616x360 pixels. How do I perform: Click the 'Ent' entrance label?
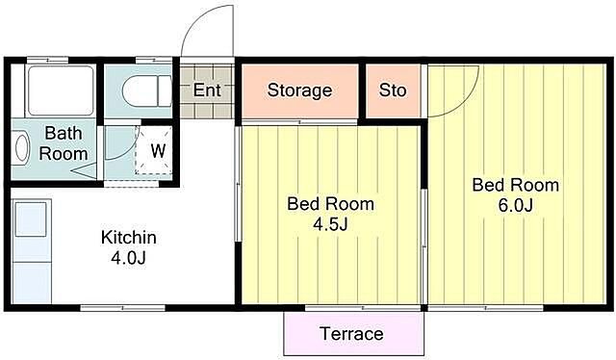(207, 90)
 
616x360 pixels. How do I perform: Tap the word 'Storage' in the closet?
(299, 90)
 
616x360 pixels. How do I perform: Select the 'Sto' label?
(393, 90)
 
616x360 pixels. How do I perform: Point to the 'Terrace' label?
(352, 334)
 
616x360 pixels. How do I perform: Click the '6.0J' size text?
(516, 205)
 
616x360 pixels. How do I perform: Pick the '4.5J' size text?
(330, 224)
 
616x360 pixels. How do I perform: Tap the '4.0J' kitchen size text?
(128, 258)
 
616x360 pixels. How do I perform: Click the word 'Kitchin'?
(129, 238)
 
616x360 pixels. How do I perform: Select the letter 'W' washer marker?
(158, 150)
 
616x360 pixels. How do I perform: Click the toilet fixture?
(146, 91)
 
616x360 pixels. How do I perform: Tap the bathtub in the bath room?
(61, 90)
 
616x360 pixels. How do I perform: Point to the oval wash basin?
(21, 148)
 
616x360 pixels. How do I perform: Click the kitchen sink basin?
(31, 219)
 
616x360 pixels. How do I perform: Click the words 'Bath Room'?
(64, 143)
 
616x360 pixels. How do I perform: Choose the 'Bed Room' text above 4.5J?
(330, 204)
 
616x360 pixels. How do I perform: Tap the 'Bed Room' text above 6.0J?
(516, 185)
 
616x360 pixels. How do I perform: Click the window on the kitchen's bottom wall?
(122, 308)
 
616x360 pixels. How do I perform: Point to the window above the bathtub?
(47, 60)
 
